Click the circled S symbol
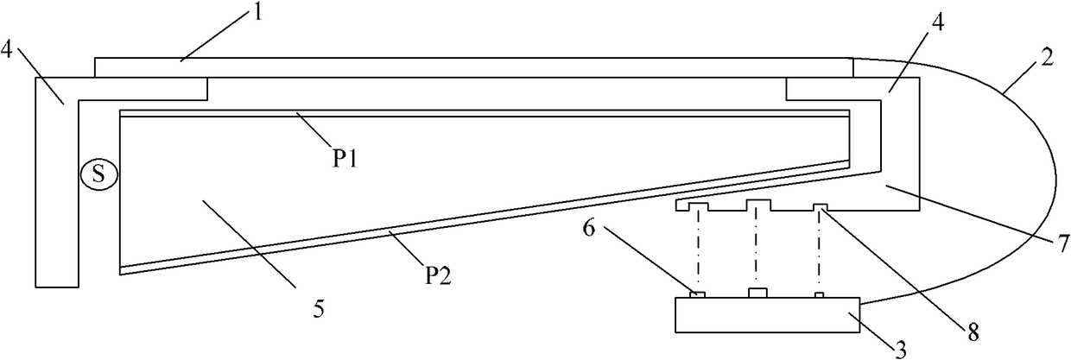pyautogui.click(x=98, y=175)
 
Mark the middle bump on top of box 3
pyautogui.click(x=757, y=294)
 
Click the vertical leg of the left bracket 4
pyautogui.click(x=57, y=199)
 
